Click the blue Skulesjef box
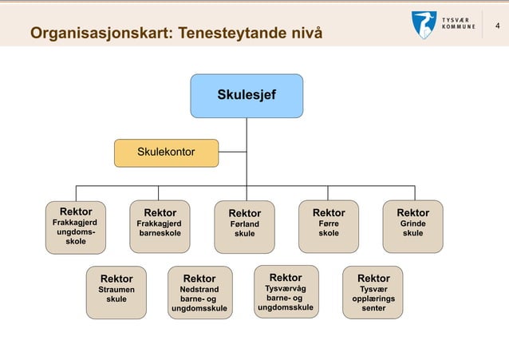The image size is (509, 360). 246,95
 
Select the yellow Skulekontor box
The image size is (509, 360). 166,152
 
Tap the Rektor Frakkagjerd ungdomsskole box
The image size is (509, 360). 76,226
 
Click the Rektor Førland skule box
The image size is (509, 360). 244,226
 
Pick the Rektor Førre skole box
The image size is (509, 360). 329,226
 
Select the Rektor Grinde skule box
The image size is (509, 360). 412,226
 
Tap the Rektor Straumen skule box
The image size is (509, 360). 116,291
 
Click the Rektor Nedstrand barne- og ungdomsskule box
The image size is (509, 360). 199,291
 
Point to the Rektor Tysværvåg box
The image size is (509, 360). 285,291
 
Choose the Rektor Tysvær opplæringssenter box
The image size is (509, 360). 373,291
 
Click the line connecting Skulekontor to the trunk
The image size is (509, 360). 232,152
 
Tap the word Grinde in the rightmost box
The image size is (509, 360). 412,224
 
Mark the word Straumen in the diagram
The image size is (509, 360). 116,290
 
